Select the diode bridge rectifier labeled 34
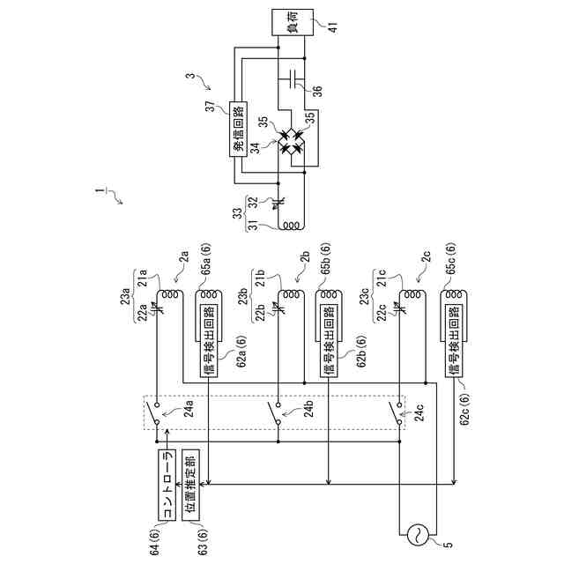coord(290,140)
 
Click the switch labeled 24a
coord(157,412)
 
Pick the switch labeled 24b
coord(278,412)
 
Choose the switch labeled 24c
coord(398,412)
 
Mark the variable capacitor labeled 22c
coord(399,308)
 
